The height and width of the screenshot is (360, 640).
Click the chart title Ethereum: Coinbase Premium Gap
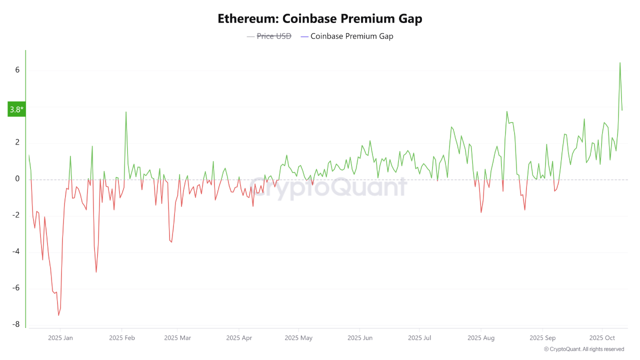click(x=320, y=18)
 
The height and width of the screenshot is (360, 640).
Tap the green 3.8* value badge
click(x=16, y=109)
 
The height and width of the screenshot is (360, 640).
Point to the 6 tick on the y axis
click(x=17, y=70)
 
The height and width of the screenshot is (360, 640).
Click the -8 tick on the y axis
click(x=16, y=324)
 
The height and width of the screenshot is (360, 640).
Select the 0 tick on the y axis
click(x=17, y=179)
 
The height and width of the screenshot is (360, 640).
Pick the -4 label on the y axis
click(x=16, y=251)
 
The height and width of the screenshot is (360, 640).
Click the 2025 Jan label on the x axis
click(x=60, y=338)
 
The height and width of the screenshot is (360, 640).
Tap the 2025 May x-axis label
click(x=298, y=338)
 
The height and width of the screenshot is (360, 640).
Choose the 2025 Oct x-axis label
click(x=602, y=338)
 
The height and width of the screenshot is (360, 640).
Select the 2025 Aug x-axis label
click(x=481, y=338)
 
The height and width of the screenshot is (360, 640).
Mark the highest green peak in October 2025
click(x=620, y=63)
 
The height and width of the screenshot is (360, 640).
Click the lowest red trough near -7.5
click(x=58, y=315)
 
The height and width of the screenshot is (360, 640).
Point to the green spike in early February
click(x=125, y=112)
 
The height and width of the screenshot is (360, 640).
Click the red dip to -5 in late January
click(x=96, y=272)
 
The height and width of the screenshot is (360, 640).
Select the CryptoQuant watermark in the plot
click(x=327, y=187)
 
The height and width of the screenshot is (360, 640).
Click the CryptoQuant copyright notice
click(x=583, y=349)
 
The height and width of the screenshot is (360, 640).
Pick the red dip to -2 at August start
click(x=481, y=212)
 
